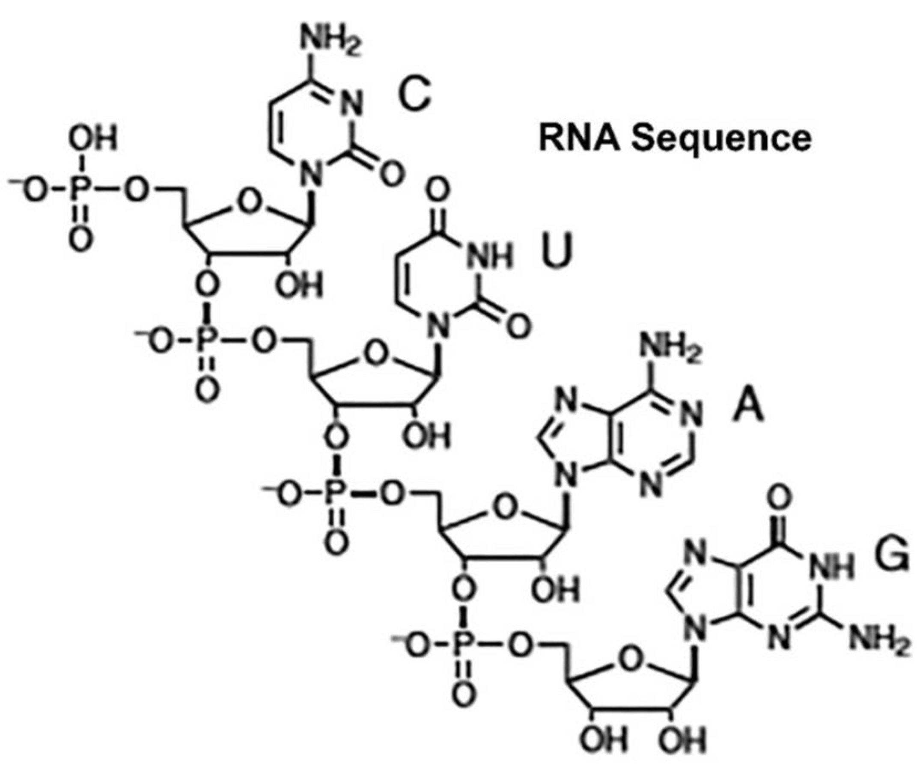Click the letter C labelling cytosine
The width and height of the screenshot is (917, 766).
tap(414, 95)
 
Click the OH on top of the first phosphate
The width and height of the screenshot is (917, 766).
tap(93, 139)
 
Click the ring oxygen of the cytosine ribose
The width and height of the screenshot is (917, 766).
tap(250, 202)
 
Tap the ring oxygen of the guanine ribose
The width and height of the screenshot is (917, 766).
tap(631, 660)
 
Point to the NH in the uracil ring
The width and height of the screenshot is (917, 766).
tap(489, 257)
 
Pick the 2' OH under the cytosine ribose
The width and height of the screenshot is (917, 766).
tap(299, 285)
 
